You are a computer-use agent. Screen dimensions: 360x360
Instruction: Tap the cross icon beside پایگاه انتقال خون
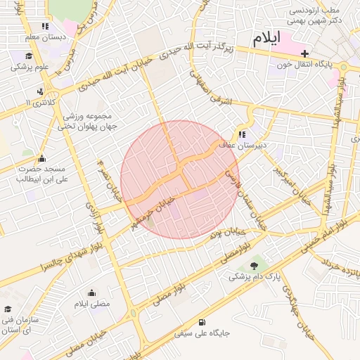click(x=304, y=53)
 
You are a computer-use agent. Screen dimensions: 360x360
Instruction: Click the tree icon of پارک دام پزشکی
click(x=253, y=265)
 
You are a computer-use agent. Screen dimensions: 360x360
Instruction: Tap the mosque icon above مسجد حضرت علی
click(x=41, y=157)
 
